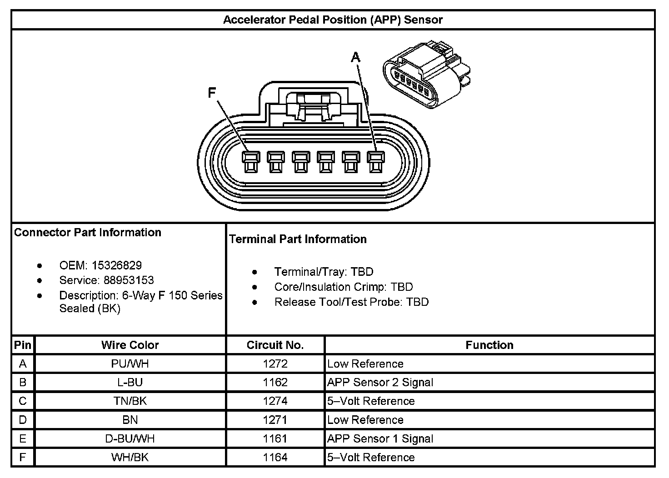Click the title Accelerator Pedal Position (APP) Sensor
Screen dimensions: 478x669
pyautogui.click(x=333, y=20)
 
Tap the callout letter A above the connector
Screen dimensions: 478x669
pyautogui.click(x=355, y=57)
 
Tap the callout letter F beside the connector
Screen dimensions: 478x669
pyautogui.click(x=212, y=93)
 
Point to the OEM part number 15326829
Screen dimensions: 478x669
pyautogui.click(x=117, y=265)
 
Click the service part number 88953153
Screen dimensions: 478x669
pyautogui.click(x=129, y=280)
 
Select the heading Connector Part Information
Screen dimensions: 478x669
pyautogui.click(x=88, y=233)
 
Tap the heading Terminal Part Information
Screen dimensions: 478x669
pyautogui.click(x=298, y=239)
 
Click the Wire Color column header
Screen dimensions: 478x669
pyautogui.click(x=130, y=345)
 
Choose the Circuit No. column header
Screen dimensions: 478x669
pyautogui.click(x=275, y=345)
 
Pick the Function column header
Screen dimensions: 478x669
pyautogui.click(x=489, y=345)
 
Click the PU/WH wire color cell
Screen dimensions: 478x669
pyautogui.click(x=130, y=364)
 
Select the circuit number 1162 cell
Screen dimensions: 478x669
pyautogui.click(x=275, y=383)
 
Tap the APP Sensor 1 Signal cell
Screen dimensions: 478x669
pyautogui.click(x=380, y=439)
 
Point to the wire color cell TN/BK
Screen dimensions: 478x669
pyautogui.click(x=130, y=401)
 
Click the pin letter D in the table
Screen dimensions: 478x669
pyautogui.click(x=23, y=420)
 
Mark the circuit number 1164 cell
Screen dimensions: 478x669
pyautogui.click(x=275, y=458)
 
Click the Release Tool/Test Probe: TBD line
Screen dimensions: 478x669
pyautogui.click(x=351, y=302)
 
